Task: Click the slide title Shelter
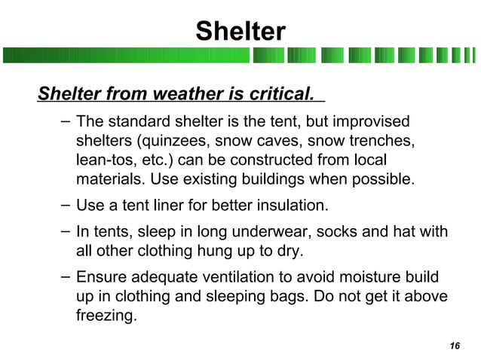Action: coord(240,32)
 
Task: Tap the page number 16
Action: coord(454,346)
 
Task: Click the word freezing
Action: coord(106,316)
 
